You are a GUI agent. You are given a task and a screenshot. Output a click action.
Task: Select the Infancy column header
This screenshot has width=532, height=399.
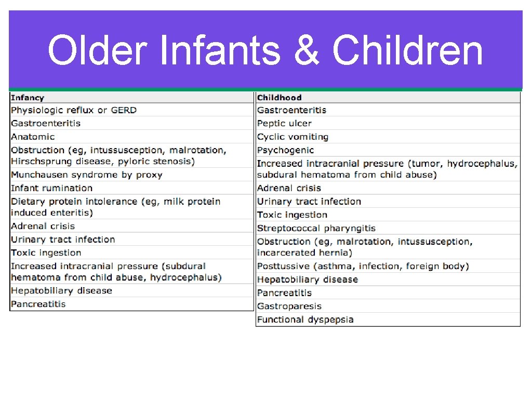pos(28,98)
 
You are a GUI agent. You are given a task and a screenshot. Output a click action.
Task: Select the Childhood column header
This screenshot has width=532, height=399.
pos(279,98)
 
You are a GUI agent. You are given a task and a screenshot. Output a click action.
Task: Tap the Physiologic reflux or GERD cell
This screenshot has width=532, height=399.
pos(74,110)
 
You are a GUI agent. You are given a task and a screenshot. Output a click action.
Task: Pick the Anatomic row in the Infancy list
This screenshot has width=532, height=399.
pos(33,137)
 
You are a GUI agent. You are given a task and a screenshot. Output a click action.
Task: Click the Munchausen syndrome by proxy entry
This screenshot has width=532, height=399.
pos(87,175)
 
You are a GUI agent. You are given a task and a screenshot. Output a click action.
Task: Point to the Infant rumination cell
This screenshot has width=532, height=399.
pos(51,188)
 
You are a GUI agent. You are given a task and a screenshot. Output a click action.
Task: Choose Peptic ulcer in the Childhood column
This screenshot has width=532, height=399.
pos(284,124)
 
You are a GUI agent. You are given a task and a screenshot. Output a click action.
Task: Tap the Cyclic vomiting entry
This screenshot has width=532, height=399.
pos(292,137)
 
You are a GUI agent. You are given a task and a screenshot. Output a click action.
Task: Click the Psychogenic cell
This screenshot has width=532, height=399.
pos(285,150)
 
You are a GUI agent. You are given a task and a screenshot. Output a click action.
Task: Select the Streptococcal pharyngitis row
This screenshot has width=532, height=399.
pos(316,228)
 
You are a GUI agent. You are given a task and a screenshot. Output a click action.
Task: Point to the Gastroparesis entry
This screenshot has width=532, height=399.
pos(289,307)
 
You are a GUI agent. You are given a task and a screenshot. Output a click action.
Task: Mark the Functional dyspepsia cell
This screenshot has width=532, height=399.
pos(305,320)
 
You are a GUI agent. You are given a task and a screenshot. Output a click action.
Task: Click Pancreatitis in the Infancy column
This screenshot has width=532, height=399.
pos(38,304)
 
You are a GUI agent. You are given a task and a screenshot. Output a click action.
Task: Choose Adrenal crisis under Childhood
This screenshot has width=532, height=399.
pos(289,188)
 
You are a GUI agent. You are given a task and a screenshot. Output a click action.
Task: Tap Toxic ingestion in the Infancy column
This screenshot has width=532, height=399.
pos(46,253)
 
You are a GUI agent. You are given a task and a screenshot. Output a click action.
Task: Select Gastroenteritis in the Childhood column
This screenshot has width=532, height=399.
pos(291,110)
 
